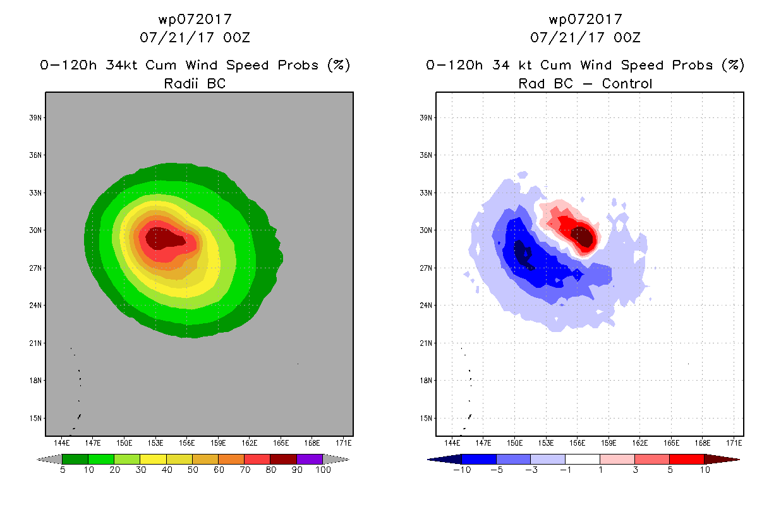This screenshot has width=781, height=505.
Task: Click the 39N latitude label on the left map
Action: (x=35, y=117)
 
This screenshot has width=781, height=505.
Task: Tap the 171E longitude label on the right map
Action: (x=734, y=443)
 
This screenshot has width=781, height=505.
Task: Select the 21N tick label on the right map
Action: (x=426, y=343)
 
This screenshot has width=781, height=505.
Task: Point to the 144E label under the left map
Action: (x=62, y=443)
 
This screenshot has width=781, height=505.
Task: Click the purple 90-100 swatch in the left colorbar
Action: (x=310, y=459)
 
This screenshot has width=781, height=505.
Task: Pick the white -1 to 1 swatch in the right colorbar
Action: (x=583, y=459)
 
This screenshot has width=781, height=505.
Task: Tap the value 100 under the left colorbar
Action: (x=323, y=470)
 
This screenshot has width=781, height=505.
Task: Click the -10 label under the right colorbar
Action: (x=462, y=470)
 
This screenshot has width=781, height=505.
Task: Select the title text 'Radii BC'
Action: (x=195, y=83)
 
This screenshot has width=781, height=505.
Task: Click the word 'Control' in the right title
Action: (x=627, y=83)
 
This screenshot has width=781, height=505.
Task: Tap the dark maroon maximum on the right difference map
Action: (x=583, y=237)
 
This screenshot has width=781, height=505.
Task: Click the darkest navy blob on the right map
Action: (x=523, y=254)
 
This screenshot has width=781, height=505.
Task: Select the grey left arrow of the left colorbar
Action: (x=49, y=459)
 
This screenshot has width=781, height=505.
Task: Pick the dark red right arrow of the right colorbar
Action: (x=722, y=459)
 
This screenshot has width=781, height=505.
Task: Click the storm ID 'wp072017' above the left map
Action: (x=195, y=19)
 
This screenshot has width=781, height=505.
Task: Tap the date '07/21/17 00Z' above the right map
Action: (x=585, y=37)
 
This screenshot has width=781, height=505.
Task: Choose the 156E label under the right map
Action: (x=578, y=443)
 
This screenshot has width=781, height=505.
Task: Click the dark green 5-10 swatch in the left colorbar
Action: (x=75, y=459)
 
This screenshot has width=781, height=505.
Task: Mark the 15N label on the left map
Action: (x=35, y=418)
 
